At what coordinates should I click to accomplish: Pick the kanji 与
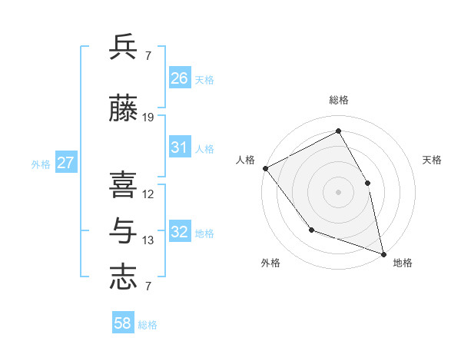click(123, 229)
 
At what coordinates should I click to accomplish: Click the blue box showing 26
click(180, 78)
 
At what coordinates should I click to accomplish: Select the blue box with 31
click(180, 147)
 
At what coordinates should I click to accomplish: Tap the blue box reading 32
click(180, 232)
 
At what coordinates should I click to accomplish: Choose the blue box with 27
click(66, 163)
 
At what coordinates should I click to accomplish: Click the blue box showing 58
click(123, 323)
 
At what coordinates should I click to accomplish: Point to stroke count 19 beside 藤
click(148, 118)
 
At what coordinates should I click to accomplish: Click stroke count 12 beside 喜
click(148, 194)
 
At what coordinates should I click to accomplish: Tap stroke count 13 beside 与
click(148, 240)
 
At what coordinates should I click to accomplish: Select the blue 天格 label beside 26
click(204, 79)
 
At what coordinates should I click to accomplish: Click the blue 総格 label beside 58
click(148, 325)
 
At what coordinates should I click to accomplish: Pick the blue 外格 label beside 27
click(41, 164)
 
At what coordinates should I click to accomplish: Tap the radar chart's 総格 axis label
click(339, 100)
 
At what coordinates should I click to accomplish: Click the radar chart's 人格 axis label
click(246, 160)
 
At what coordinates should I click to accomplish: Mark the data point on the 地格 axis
click(383, 253)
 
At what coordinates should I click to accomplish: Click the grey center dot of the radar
click(339, 191)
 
